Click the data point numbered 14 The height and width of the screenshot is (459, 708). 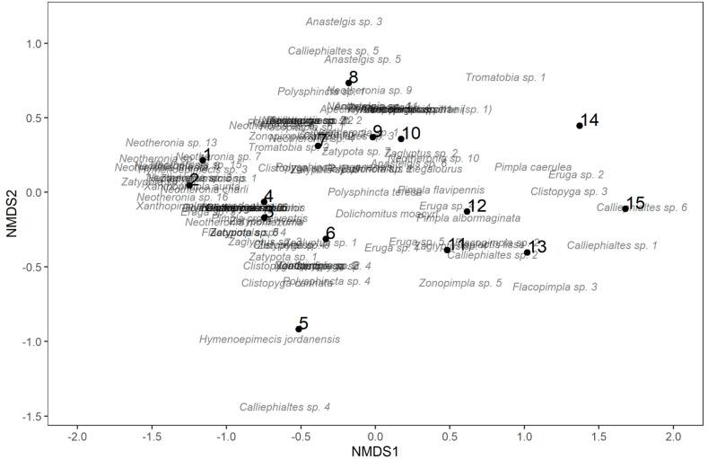tap(580, 126)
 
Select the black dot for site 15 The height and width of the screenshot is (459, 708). tap(625, 208)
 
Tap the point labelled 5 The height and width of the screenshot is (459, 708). tap(299, 329)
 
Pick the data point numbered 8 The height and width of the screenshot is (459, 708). tap(349, 83)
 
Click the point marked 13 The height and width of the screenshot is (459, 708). tap(528, 252)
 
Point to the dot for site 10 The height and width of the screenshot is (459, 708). tap(401, 138)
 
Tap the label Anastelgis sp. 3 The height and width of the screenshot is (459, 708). tap(344, 21)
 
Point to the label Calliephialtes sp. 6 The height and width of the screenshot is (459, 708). tap(642, 208)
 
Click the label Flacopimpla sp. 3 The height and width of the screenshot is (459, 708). tap(555, 287)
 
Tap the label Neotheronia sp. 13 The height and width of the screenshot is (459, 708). tap(170, 143)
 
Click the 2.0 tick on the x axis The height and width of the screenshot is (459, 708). tap(673, 436)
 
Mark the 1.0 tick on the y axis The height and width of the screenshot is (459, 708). tap(32, 43)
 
